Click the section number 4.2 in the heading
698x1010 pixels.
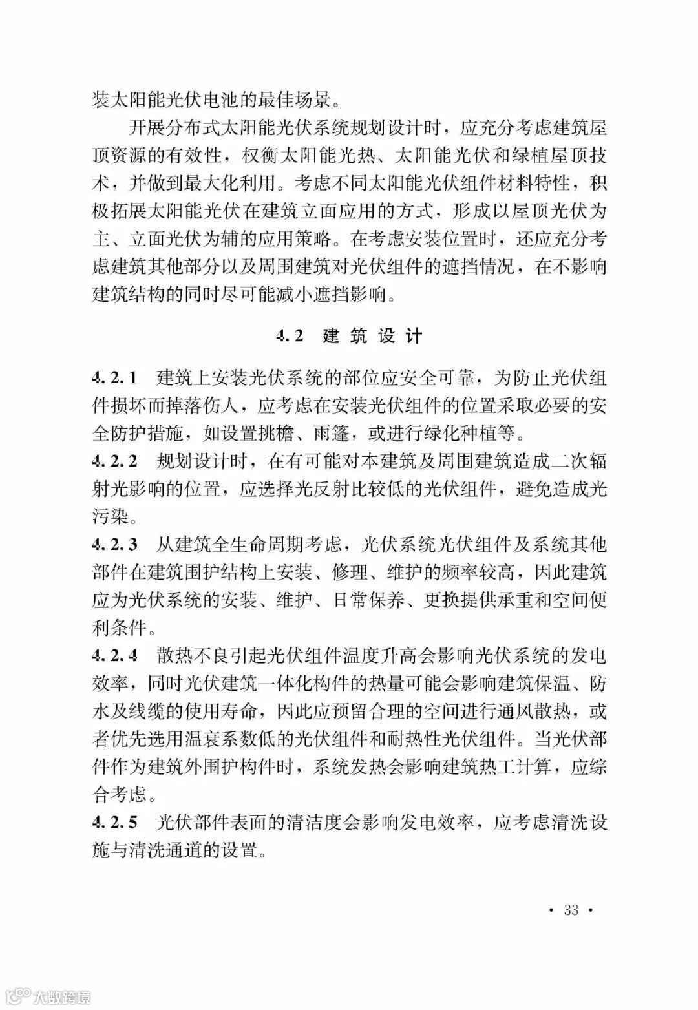tap(289, 335)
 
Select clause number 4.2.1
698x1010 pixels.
tap(115, 377)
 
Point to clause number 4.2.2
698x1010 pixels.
tap(115, 461)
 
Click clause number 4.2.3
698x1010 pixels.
tap(115, 545)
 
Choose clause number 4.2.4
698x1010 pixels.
tap(115, 657)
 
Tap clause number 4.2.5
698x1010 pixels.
tap(115, 823)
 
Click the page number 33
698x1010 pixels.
tap(571, 910)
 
